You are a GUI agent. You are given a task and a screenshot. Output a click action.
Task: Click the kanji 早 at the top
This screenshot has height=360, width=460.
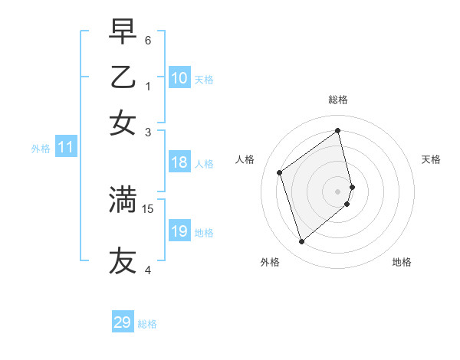point(123,33)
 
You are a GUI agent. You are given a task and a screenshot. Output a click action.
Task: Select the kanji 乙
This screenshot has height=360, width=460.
point(123,77)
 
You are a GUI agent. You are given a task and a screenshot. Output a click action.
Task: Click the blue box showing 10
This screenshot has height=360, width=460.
point(179,78)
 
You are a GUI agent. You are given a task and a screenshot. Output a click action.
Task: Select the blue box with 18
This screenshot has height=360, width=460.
point(179,162)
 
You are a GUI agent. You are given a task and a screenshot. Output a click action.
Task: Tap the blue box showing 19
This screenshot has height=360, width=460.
point(179,231)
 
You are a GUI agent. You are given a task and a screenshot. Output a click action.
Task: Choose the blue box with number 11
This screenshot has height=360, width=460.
point(65,148)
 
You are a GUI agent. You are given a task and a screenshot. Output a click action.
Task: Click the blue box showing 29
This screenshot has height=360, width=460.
point(123,322)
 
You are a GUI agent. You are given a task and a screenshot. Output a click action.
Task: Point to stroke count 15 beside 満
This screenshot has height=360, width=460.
point(148,208)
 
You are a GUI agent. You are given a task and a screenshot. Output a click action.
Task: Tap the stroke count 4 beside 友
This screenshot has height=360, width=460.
point(148,270)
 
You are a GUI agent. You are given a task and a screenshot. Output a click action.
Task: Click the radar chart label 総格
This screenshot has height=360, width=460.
point(338,100)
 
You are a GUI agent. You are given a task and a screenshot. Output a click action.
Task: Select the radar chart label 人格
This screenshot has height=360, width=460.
point(245,159)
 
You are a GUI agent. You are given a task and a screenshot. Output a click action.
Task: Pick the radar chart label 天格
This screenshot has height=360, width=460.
point(431,159)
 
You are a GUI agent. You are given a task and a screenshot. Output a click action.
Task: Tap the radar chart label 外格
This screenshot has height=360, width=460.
point(270,262)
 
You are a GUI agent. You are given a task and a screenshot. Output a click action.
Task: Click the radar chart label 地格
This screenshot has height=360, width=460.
point(402,262)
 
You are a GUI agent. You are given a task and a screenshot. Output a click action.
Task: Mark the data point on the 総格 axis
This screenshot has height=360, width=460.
point(338,130)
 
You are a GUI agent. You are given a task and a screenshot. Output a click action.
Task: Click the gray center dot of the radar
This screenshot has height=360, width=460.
point(338,191)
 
